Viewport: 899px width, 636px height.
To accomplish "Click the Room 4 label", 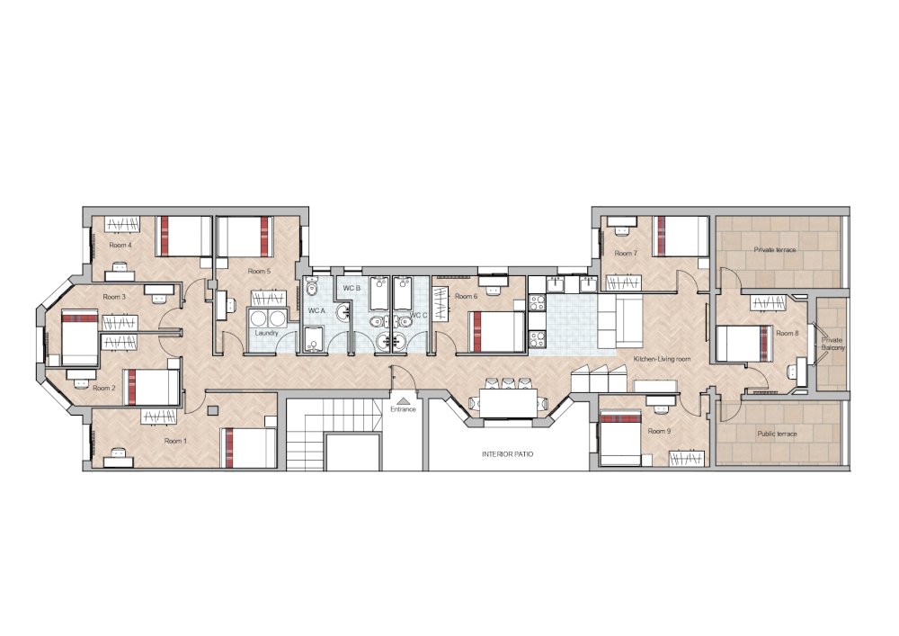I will tap(120, 245).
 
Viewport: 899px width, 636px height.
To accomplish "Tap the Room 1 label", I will tap(175, 441).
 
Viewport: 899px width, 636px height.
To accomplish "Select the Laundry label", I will tap(266, 333).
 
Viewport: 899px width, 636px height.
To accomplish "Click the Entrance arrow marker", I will tap(403, 399).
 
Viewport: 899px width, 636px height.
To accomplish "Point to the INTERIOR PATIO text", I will tap(507, 454).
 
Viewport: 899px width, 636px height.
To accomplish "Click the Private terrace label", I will tap(774, 249).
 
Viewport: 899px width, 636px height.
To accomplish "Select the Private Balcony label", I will tap(832, 344).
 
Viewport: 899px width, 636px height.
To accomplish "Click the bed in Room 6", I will tap(495, 330).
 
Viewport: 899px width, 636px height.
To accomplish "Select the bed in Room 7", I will tap(678, 235).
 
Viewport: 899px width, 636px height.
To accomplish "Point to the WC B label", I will tap(352, 288).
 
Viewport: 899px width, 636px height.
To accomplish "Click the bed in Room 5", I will tap(245, 236).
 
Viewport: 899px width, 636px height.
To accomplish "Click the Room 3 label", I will tap(113, 296).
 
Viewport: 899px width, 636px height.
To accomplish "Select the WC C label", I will tap(418, 316).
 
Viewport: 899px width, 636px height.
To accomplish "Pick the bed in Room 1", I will tap(250, 447).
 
